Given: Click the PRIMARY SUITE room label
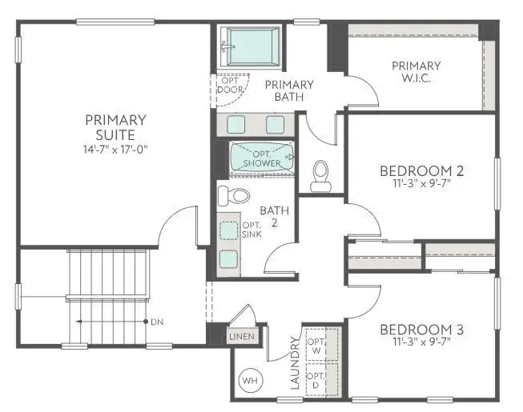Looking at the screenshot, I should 115,127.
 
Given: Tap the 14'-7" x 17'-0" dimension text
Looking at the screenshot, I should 115,149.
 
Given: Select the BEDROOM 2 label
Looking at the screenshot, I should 421,170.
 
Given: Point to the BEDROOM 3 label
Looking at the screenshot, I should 421,330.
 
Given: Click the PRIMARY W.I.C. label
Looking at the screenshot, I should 416,72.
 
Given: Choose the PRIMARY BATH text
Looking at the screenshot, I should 289,90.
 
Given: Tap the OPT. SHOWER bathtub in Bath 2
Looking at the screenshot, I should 262,157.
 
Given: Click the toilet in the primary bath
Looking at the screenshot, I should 321,174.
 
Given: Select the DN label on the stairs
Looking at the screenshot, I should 156,322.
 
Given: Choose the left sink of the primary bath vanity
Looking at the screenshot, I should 237,124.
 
